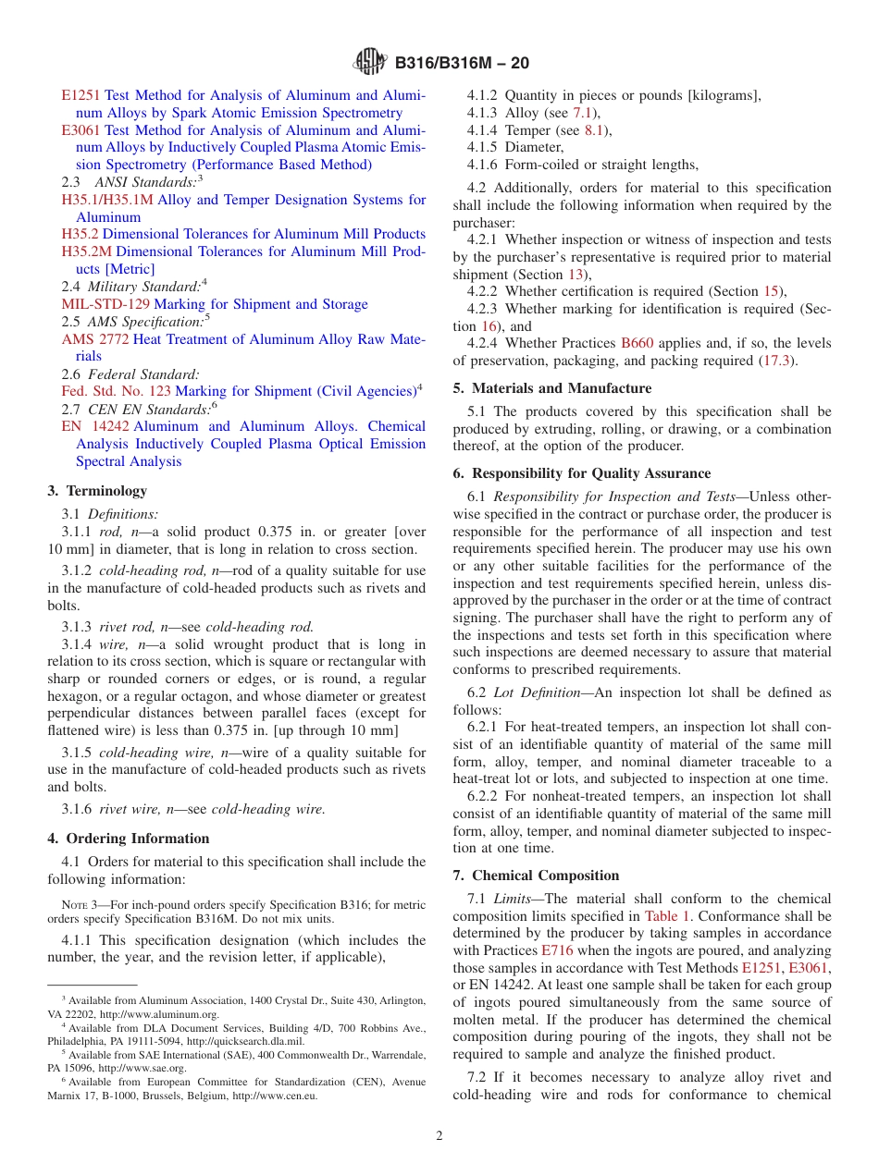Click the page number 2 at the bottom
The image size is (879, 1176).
(439, 1135)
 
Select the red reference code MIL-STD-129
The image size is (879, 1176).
(105, 304)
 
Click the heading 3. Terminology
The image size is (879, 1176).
(97, 491)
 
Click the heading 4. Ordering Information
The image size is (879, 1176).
(129, 839)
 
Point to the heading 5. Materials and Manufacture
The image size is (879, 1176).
(551, 388)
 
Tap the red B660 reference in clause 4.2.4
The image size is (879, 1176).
(637, 343)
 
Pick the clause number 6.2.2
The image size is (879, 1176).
(485, 796)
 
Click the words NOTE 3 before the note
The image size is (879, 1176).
(75, 905)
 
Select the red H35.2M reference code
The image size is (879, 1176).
(87, 251)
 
